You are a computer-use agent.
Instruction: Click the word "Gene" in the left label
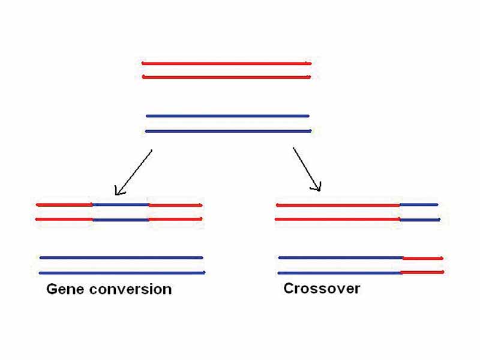tap(65, 289)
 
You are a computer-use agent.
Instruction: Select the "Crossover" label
tap(322, 289)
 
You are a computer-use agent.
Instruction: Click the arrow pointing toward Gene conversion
tap(133, 173)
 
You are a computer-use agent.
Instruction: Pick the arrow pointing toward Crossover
tap(307, 170)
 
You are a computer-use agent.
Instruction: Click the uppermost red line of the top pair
tap(226, 63)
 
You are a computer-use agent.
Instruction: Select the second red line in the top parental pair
tap(226, 77)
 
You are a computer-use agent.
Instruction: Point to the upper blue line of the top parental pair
tap(227, 116)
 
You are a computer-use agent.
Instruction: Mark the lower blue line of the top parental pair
tap(227, 131)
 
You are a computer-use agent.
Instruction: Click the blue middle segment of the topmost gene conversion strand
tap(121, 205)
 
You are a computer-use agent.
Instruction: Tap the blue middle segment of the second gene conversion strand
tap(121, 220)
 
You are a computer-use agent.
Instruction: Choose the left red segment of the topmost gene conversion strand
tap(64, 205)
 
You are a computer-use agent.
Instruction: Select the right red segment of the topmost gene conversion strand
tap(175, 205)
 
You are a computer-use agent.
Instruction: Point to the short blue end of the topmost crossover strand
tap(419, 205)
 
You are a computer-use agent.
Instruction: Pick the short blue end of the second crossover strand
tap(419, 220)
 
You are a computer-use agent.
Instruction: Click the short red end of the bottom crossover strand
tap(422, 272)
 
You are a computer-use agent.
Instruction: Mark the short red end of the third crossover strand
tap(422, 258)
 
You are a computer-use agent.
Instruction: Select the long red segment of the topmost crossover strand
tap(338, 205)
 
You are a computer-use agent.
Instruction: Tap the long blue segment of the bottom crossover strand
tap(340, 272)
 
